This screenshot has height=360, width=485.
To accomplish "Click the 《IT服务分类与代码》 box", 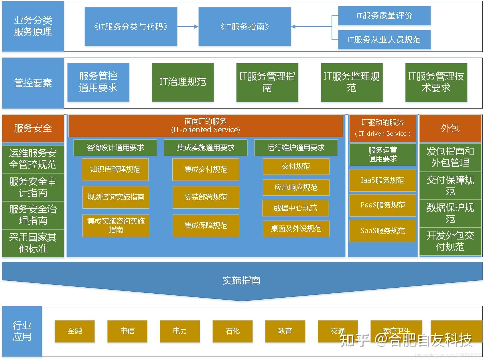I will tap(131, 27).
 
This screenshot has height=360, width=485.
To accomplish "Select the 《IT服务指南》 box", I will tap(245, 27).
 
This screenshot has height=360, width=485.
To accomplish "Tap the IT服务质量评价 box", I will tap(384, 16).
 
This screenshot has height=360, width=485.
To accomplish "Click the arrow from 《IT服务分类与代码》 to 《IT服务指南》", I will tap(188, 27).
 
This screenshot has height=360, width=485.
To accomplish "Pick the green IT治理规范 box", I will tap(183, 82).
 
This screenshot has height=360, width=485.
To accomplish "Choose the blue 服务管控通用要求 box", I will tap(98, 82).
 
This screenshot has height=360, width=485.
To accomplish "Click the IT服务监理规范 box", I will tap(352, 82).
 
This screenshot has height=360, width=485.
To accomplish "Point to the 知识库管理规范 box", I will tap(115, 169).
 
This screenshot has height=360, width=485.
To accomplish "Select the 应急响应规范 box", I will tap(296, 187).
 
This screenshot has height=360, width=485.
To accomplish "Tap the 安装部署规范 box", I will tap(206, 197).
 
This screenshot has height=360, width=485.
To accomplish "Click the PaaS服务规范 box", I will tap(383, 205).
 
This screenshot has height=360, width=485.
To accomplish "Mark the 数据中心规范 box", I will tap(295, 208).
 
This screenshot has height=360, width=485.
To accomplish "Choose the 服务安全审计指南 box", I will tap(33, 187).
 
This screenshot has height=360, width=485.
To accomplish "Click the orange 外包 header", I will tap(450, 128).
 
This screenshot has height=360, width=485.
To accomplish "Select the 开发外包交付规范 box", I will tap(450, 241).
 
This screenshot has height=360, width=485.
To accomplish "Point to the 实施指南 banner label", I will tap(241, 280).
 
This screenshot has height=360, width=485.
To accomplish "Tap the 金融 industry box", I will tap(74, 331).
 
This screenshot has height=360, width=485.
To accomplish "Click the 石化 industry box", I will tap(232, 331).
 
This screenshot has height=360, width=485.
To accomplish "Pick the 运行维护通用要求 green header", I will tap(296, 148).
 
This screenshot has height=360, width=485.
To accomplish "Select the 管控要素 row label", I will tap(33, 83).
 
